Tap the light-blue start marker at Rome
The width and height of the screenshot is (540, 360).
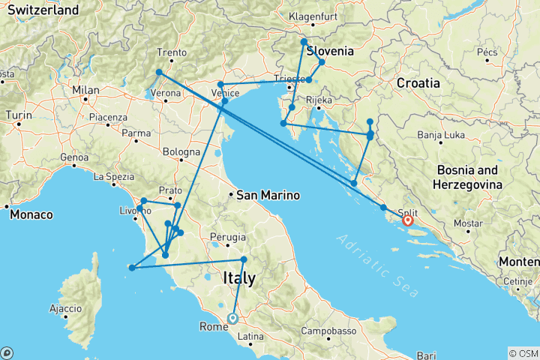coord(232,318)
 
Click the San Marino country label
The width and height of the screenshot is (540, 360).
coord(267,195)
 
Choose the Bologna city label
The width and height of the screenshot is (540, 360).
coord(180,152)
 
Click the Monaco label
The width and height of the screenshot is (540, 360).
coord(31,214)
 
